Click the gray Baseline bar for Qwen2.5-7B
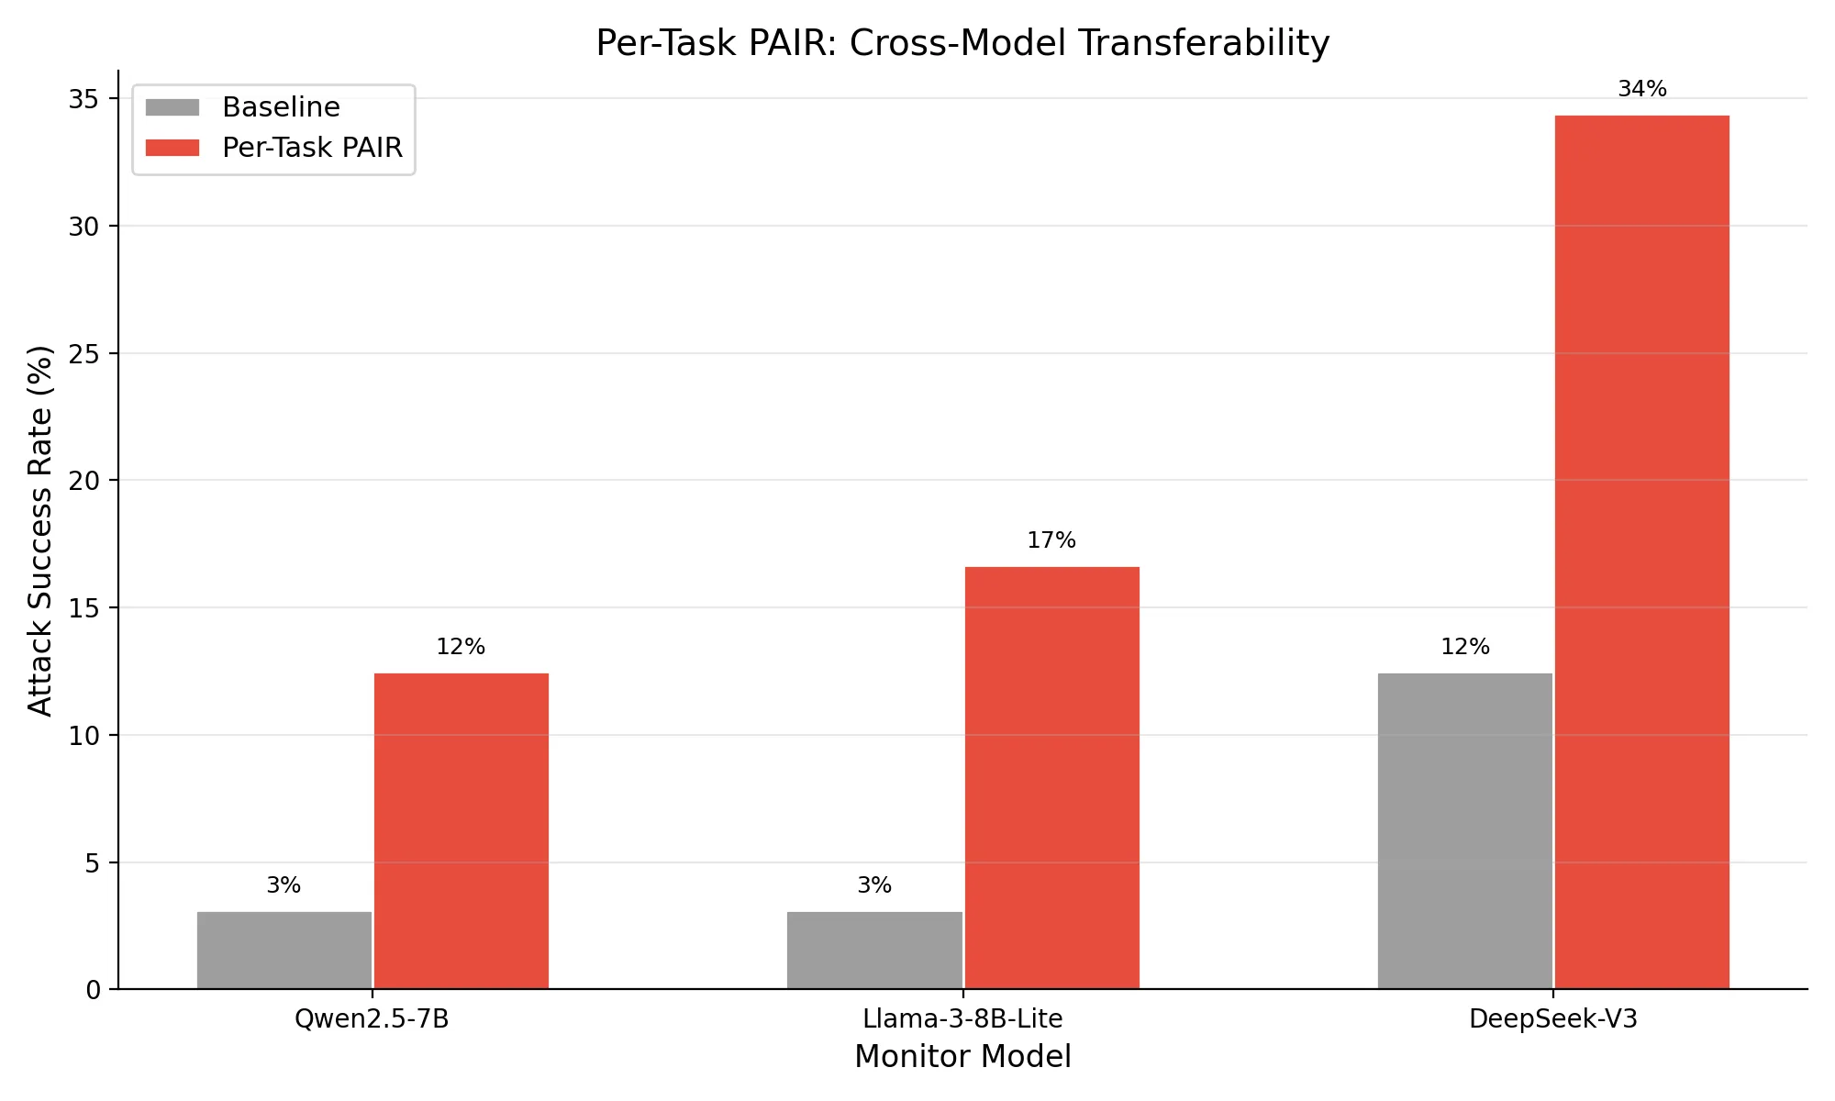pyautogui.click(x=284, y=951)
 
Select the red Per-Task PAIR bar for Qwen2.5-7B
pyautogui.click(x=462, y=831)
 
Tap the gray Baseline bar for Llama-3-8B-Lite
pyautogui.click(x=874, y=951)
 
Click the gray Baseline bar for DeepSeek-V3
pyautogui.click(x=1465, y=831)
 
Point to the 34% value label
pyautogui.click(x=1642, y=89)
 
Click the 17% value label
pyautogui.click(x=1051, y=540)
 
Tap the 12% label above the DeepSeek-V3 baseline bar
pyautogui.click(x=1465, y=647)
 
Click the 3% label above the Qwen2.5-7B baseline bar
pyautogui.click(x=284, y=885)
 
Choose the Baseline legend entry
pyautogui.click(x=281, y=107)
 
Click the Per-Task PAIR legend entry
pyautogui.click(x=312, y=148)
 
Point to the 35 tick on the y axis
pyautogui.click(x=83, y=99)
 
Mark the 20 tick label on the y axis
pyautogui.click(x=83, y=481)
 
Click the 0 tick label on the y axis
pyautogui.click(x=94, y=990)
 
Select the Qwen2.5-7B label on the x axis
pyautogui.click(x=372, y=1019)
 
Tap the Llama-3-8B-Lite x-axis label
pyautogui.click(x=962, y=1019)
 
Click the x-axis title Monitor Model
pyautogui.click(x=962, y=1057)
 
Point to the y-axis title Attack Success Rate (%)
pyautogui.click(x=40, y=530)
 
